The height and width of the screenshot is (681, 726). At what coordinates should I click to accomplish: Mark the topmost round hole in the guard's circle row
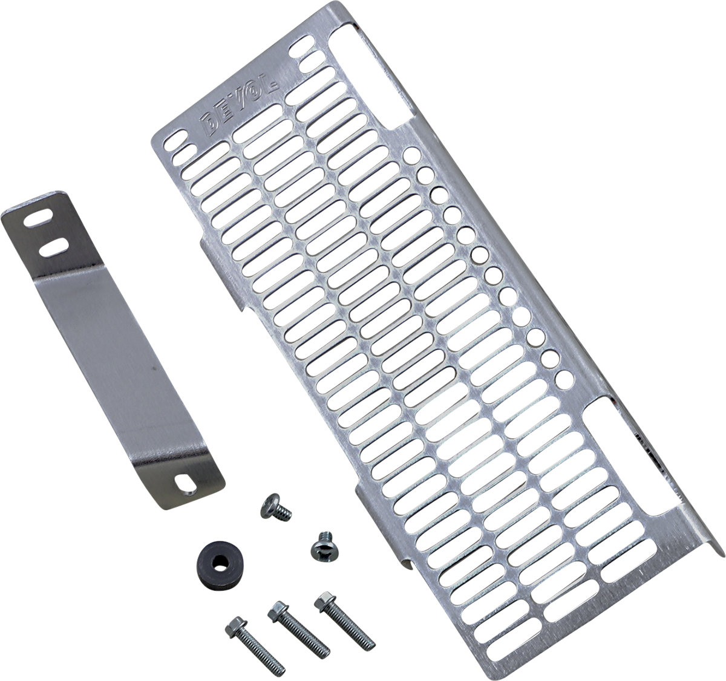[412, 155]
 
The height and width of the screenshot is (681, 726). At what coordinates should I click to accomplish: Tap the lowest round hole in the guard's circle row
[566, 379]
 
